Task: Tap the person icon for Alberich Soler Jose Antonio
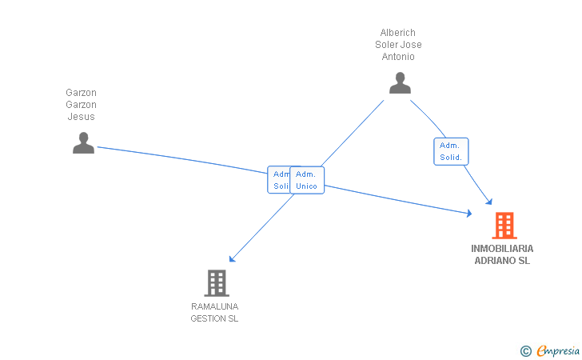(400, 82)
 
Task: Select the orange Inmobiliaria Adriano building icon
(504, 226)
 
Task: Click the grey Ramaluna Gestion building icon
(217, 282)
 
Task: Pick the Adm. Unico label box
(307, 180)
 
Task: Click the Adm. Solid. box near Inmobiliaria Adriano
(451, 151)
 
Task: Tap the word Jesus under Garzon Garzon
(81, 117)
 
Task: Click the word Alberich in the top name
(397, 33)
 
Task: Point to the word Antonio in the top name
(397, 57)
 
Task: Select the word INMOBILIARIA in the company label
(502, 249)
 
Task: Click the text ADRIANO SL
(502, 261)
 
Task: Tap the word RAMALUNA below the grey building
(214, 306)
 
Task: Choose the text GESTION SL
(214, 318)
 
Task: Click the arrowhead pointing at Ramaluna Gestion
(231, 259)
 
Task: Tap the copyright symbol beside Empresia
(525, 350)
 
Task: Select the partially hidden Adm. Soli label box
(279, 180)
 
